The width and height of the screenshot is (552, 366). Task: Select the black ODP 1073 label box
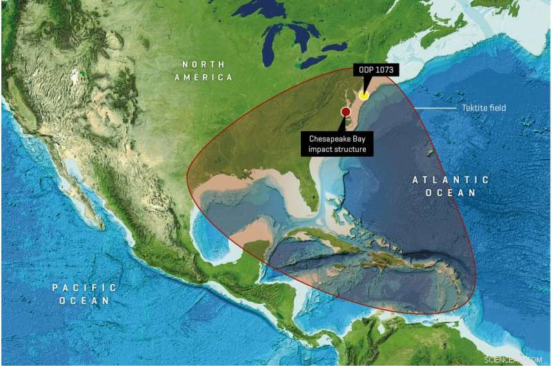tap(378, 70)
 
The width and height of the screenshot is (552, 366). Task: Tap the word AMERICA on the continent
tap(203, 78)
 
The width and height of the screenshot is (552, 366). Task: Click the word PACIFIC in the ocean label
tap(85, 287)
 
